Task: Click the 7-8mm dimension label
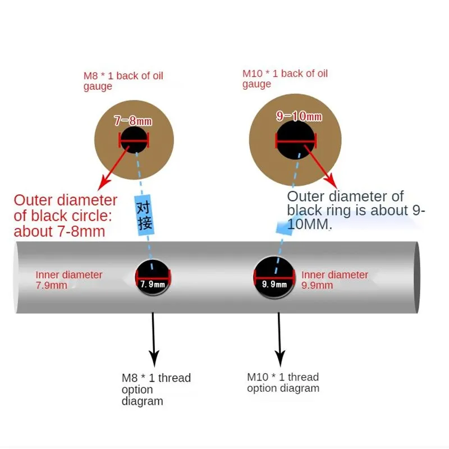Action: coord(133,121)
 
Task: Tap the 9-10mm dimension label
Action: coord(299,116)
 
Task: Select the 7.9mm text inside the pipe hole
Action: coord(153,284)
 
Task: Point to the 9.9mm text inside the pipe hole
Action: coord(274,284)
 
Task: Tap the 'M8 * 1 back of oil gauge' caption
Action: coord(123,81)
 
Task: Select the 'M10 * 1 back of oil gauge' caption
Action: coord(285,79)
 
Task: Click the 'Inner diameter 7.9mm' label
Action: coord(68,280)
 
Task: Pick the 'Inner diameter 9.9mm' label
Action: coord(335,280)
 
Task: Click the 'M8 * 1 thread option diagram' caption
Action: coord(155,389)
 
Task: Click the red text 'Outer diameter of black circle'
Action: coord(65,216)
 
